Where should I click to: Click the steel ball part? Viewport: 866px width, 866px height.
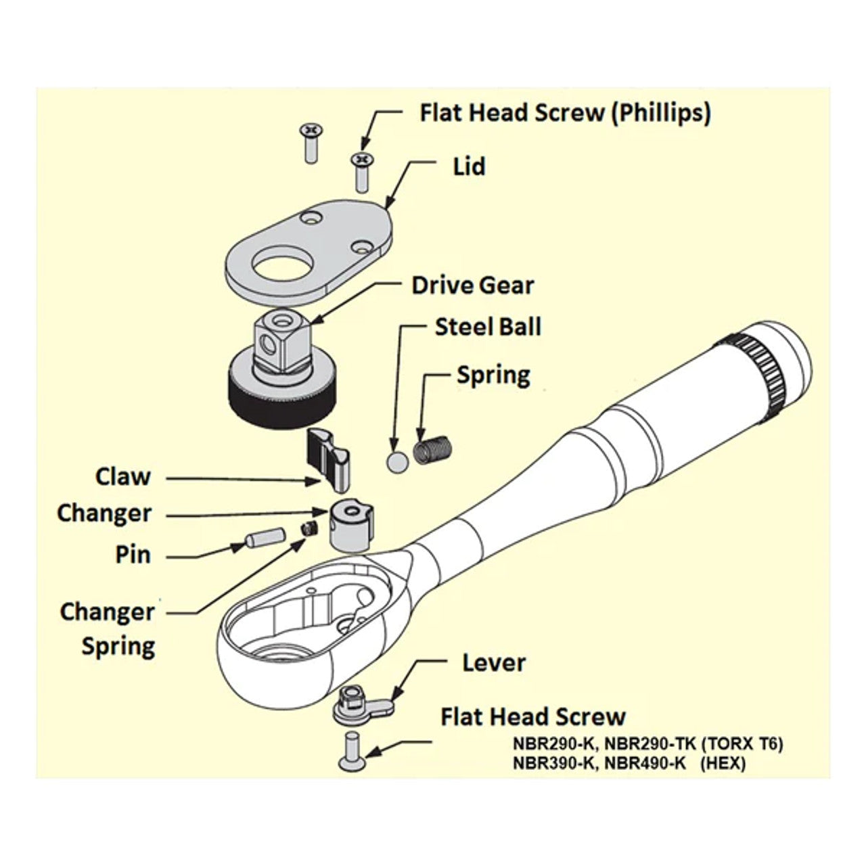click(397, 462)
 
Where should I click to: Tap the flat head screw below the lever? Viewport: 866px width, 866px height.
click(353, 752)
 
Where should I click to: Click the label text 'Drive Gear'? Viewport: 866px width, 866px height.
click(472, 285)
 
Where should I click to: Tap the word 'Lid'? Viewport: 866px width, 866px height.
click(470, 166)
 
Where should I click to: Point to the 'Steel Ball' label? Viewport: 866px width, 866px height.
click(488, 327)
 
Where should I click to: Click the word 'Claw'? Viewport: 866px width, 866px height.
click(123, 476)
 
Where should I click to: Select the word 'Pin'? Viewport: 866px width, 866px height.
click(133, 555)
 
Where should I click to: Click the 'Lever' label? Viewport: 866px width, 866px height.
click(493, 663)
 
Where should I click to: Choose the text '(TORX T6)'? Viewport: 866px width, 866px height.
click(742, 745)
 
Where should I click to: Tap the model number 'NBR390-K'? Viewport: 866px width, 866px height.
click(553, 764)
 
